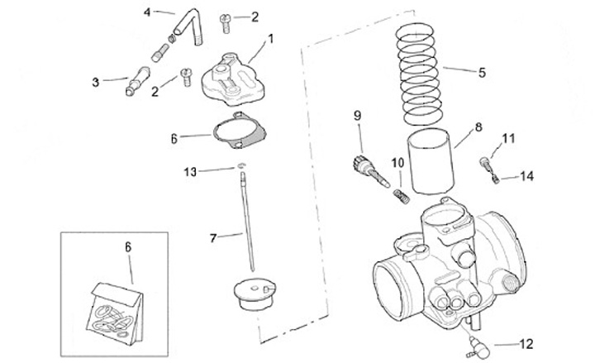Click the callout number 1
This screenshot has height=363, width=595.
pyautogui.click(x=269, y=38)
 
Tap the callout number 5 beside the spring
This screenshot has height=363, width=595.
pyautogui.click(x=482, y=71)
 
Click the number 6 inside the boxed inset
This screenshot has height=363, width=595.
pyautogui.click(x=129, y=246)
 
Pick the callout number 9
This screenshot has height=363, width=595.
pyautogui.click(x=358, y=114)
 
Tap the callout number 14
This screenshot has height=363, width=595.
pyautogui.click(x=527, y=176)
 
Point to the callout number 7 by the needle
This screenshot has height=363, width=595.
pyautogui.click(x=213, y=238)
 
